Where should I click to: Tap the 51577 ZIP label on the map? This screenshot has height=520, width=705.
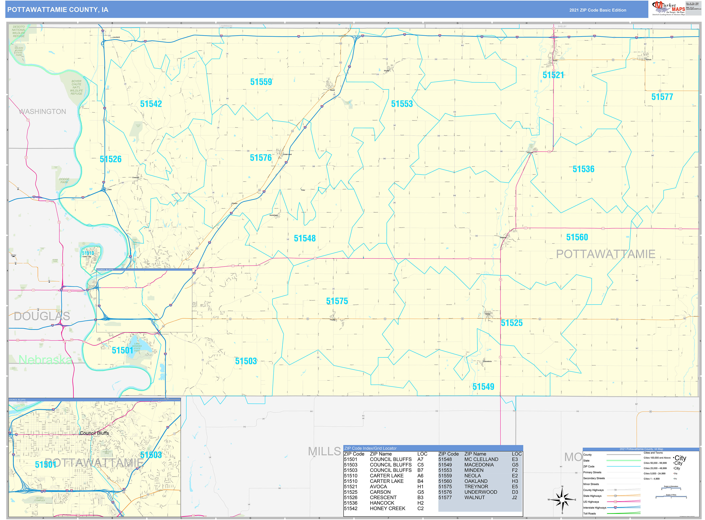coord(662,97)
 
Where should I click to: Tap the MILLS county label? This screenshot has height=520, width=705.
coord(324,452)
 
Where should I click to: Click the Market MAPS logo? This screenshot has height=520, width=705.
coord(668,8)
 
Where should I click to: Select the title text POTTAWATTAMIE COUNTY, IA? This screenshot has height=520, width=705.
coord(58,10)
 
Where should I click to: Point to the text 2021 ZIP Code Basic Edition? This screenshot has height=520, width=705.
coord(598,10)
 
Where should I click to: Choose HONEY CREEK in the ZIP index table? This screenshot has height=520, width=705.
coord(387,508)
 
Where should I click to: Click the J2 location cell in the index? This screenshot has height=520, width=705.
coord(514,498)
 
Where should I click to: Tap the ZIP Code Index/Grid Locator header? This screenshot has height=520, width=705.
coord(370,448)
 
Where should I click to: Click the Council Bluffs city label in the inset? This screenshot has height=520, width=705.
coord(94,433)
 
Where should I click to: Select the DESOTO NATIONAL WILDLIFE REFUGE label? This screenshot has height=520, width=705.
coord(19,31)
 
